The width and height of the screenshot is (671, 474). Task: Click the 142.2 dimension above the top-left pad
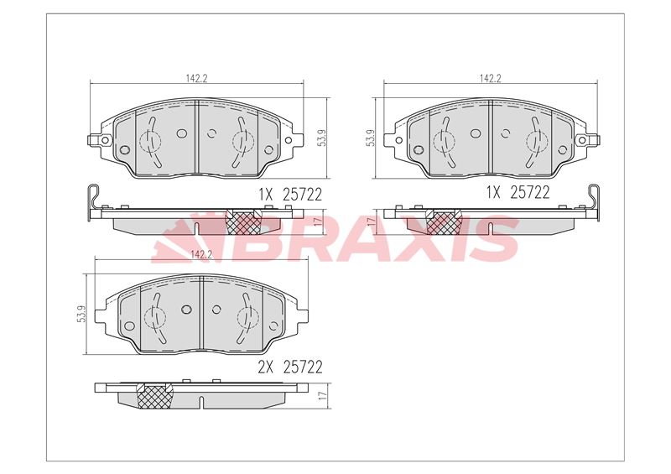[x=196, y=78]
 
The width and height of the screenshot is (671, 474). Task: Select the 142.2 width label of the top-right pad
[x=490, y=78]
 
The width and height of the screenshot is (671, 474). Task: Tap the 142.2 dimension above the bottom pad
[x=200, y=254]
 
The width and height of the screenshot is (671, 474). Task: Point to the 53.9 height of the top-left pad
[x=320, y=138]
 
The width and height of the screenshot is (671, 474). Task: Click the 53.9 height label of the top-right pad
[x=370, y=138]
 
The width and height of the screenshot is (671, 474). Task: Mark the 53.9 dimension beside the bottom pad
[x=80, y=315]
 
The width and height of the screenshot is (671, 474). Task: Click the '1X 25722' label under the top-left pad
[x=279, y=195]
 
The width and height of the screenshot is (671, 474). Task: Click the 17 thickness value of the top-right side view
[x=370, y=221]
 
